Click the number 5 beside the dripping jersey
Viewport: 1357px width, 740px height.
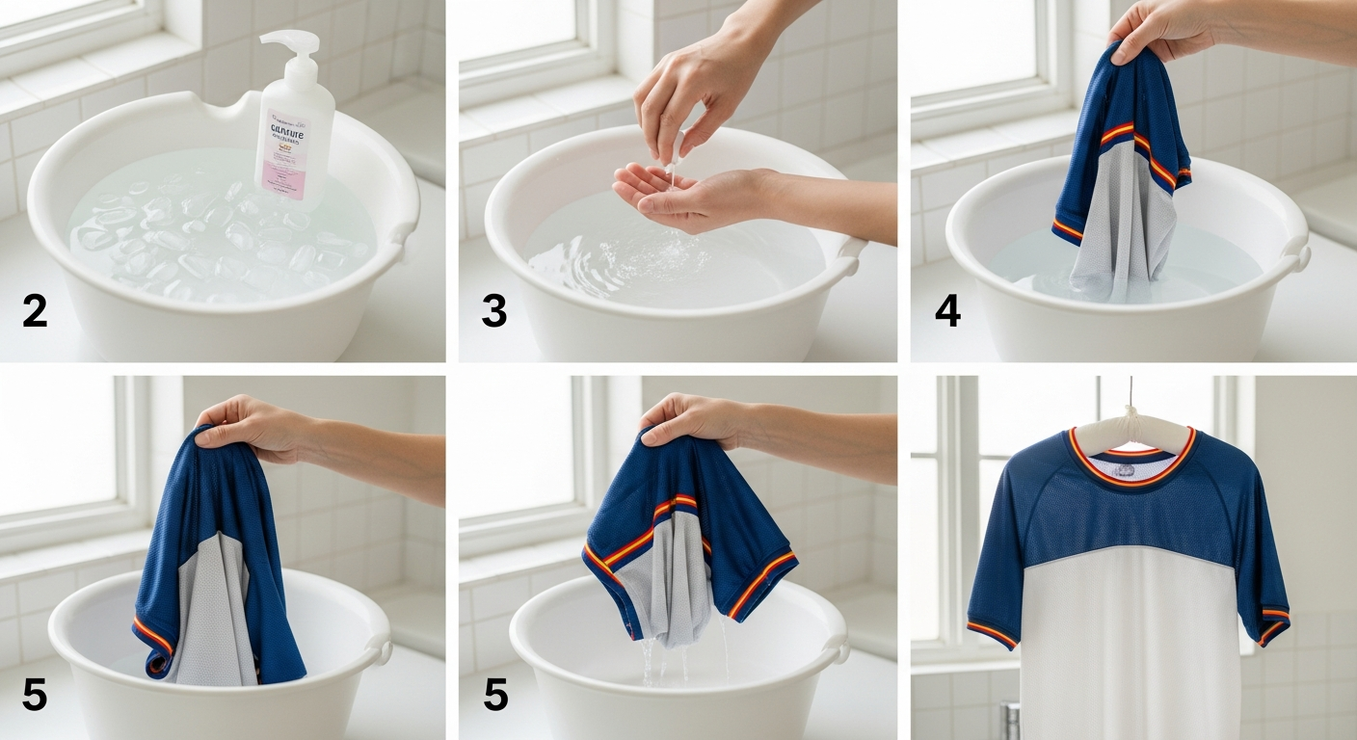point(495,695)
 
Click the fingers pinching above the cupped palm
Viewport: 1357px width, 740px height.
point(675,135)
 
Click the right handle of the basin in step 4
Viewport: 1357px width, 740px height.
point(1299,255)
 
